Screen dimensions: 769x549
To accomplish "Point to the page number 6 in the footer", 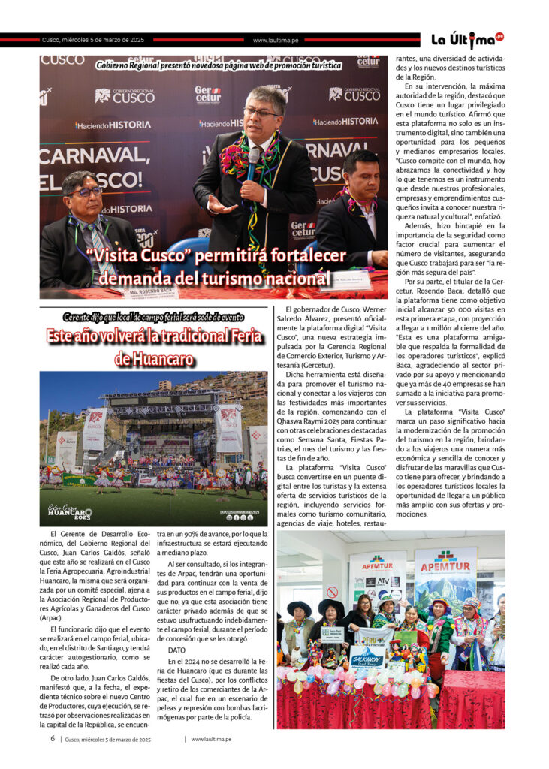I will (x=53, y=739).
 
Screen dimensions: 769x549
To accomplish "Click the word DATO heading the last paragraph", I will (x=176, y=650).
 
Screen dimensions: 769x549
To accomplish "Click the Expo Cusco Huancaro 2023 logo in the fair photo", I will (x=70, y=513).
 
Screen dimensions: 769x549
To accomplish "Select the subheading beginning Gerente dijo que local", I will (x=153, y=317).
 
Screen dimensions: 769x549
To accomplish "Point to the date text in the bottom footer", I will (x=108, y=739).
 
